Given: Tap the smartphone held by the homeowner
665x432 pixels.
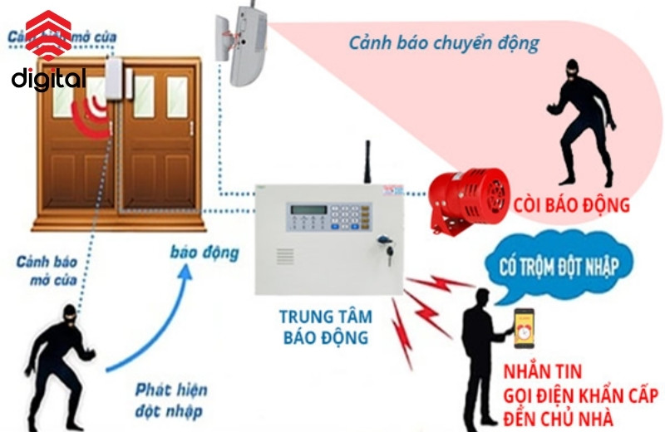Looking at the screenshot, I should point(524,326).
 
